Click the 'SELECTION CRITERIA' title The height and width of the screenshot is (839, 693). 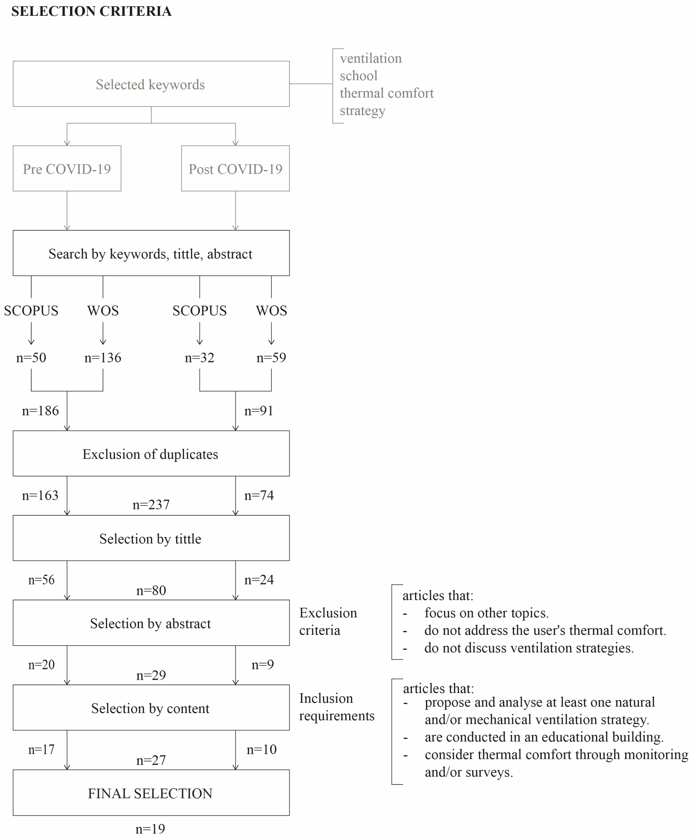tap(91, 11)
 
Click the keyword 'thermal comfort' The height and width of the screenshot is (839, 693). tap(386, 93)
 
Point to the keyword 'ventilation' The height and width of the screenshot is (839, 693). tap(370, 58)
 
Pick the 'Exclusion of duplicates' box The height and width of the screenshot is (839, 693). tap(151, 454)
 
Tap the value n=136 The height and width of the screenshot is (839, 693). tap(103, 357)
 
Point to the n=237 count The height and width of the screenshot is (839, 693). tap(151, 505)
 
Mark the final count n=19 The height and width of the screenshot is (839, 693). tap(150, 829)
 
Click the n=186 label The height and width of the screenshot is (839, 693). tap(40, 410)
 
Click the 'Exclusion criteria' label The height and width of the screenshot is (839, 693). tap(328, 621)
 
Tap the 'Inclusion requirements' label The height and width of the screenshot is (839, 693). tap(337, 707)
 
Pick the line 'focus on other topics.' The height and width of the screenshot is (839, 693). tap(486, 613)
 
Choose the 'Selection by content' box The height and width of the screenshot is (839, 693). tap(151, 708)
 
